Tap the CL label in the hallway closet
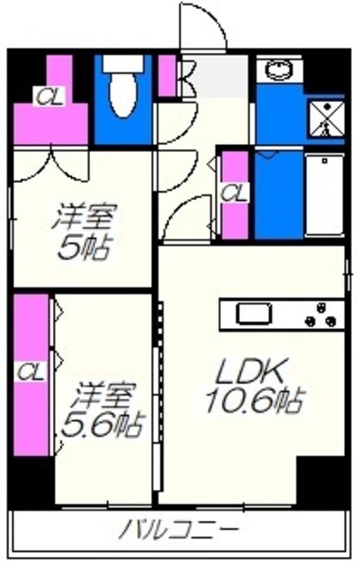point(234,191)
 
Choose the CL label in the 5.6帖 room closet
point(29,369)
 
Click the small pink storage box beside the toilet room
point(168,75)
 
